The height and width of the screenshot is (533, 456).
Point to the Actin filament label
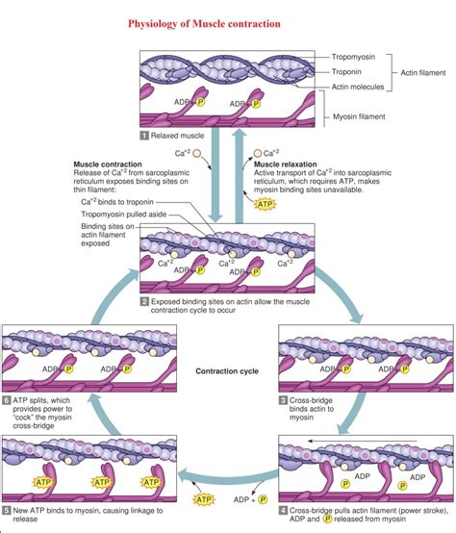point(421,71)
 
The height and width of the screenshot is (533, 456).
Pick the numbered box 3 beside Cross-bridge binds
point(284,399)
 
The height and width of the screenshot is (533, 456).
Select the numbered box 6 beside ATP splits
point(7,399)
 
